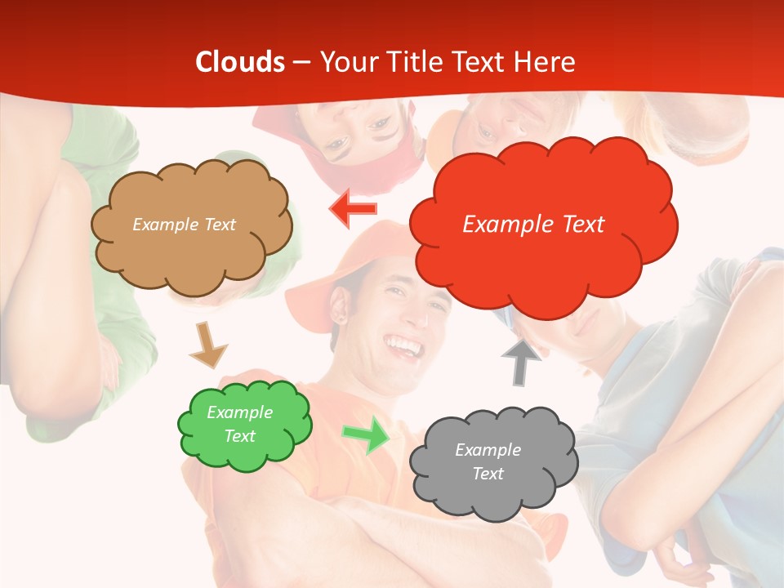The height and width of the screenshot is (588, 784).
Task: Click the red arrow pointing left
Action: tap(354, 208)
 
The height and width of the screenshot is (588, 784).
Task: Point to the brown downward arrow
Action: tap(207, 344)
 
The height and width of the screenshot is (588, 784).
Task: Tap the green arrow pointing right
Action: tap(367, 434)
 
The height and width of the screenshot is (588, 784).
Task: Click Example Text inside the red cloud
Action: tap(533, 225)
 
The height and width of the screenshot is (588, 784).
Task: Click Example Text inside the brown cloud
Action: tap(184, 225)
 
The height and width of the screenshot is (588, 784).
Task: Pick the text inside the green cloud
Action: tap(240, 424)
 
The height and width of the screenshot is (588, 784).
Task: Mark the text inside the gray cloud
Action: tap(488, 461)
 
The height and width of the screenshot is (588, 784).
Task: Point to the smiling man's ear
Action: tap(337, 314)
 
